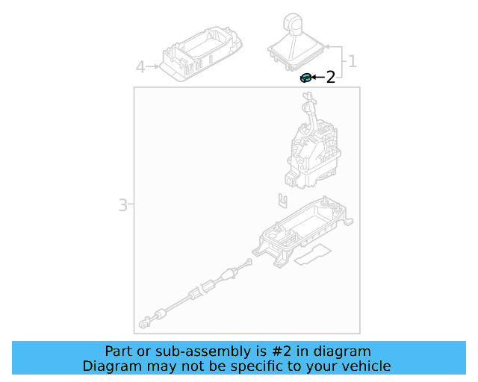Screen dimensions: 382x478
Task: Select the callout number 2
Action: coord(330,77)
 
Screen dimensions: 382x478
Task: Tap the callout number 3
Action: coord(123,204)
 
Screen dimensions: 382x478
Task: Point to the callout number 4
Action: coord(140,67)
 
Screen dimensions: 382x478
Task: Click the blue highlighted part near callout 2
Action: coord(305,77)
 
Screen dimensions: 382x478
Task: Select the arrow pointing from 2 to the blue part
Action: coord(317,77)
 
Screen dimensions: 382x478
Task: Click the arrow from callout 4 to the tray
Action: coord(154,67)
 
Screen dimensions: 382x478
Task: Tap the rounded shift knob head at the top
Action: coord(291,23)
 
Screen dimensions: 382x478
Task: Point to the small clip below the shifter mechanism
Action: coord(282,200)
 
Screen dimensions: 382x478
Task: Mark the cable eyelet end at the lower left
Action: coord(142,325)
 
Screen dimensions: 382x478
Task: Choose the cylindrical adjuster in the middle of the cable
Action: coord(208,286)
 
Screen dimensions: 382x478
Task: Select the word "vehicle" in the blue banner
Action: coord(366,366)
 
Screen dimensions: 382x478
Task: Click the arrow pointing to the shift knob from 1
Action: coord(328,46)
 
